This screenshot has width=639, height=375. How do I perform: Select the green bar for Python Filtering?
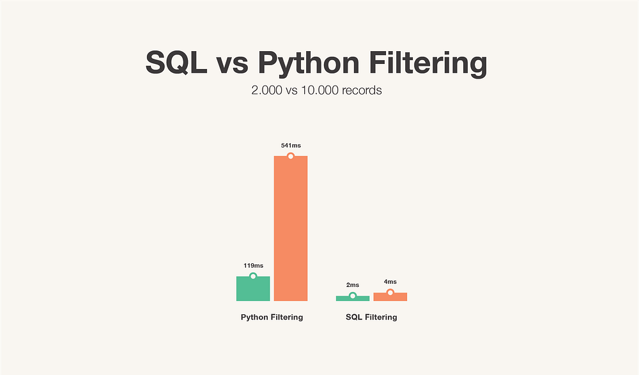tap(253, 290)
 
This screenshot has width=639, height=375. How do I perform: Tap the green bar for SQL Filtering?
tap(353, 298)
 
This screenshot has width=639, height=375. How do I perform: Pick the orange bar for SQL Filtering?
tap(390, 297)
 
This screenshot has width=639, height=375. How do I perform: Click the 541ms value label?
tap(291, 146)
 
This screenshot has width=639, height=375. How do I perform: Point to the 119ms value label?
tap(253, 265)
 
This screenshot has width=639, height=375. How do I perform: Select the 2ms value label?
tap(353, 285)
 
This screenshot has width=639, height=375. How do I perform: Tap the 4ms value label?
tap(390, 282)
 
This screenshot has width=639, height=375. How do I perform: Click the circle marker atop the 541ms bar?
tap(291, 156)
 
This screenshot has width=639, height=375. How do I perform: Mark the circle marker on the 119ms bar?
tap(253, 276)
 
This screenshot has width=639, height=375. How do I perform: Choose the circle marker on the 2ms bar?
tap(353, 296)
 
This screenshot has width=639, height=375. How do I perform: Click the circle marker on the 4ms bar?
tap(390, 293)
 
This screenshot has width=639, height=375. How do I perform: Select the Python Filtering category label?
tap(272, 318)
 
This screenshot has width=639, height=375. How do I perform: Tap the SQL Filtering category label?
tap(371, 318)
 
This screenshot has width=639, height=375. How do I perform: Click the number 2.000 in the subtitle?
tap(267, 90)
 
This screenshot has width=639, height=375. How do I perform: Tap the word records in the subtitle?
tap(362, 90)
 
